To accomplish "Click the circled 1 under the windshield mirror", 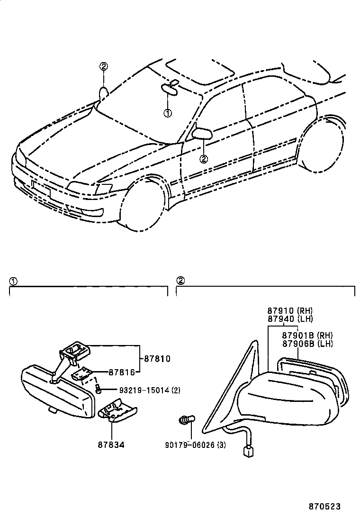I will (x=167, y=113).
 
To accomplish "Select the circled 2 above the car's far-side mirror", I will (x=104, y=66).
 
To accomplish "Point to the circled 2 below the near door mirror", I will (x=204, y=159).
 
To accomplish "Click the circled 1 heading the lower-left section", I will (x=13, y=281).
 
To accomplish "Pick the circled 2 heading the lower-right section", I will (x=180, y=281).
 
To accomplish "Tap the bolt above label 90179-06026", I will (x=186, y=420).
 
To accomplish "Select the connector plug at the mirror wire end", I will (x=247, y=451).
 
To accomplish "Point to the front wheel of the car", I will (x=144, y=209).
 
